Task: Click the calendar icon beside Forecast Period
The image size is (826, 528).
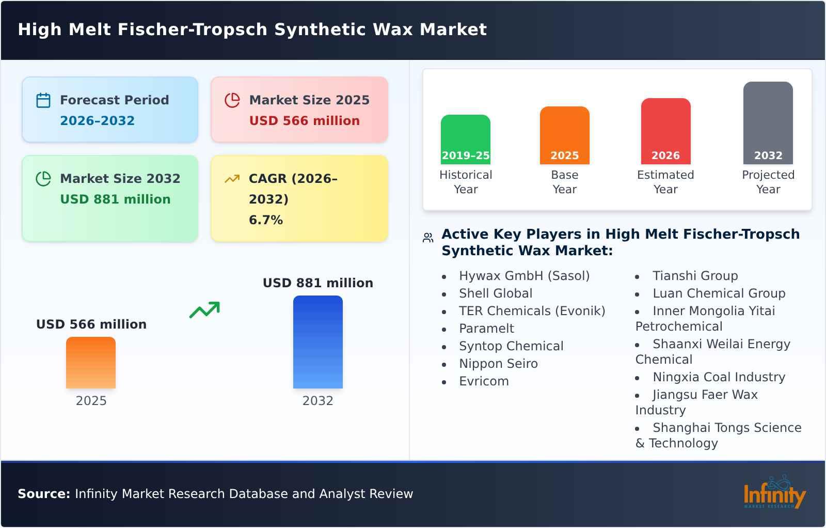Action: [43, 100]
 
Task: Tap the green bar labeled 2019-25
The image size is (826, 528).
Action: [465, 139]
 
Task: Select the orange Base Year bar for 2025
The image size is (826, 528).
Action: [564, 135]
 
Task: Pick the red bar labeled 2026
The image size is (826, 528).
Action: [665, 131]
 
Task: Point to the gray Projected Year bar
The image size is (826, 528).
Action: [768, 122]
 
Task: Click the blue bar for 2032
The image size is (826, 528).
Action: [317, 341]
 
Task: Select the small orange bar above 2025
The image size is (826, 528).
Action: [91, 362]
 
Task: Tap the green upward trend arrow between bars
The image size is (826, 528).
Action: [204, 309]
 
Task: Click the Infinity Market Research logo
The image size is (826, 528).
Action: [774, 493]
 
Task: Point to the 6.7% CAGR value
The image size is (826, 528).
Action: [266, 220]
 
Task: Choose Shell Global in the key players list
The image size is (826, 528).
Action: [496, 293]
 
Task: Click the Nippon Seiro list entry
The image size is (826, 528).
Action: [498, 364]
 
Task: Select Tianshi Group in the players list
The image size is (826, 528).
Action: [695, 276]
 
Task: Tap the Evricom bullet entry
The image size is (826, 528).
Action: [484, 381]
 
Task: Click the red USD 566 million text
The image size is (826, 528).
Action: [304, 121]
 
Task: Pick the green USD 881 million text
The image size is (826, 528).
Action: [115, 199]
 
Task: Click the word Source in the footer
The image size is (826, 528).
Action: [44, 494]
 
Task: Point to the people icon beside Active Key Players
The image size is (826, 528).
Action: [428, 238]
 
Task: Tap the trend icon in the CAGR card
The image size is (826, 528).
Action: [232, 179]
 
